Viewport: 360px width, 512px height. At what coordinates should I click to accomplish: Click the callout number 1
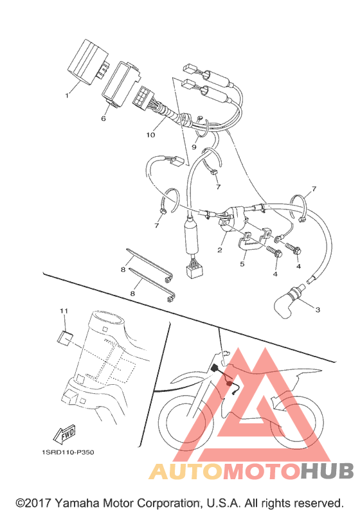click(x=67, y=95)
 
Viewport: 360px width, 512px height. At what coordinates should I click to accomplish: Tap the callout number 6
click(x=104, y=118)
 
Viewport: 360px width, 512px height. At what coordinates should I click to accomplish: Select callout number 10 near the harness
click(x=150, y=135)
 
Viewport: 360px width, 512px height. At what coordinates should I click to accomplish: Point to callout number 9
click(x=194, y=147)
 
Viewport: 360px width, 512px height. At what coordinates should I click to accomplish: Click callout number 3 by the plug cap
click(x=318, y=310)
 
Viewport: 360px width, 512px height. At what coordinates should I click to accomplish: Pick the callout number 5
click(x=242, y=264)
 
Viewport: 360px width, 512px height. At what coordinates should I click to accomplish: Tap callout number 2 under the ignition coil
click(x=219, y=250)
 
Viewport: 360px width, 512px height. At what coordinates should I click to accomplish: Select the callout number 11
click(x=64, y=311)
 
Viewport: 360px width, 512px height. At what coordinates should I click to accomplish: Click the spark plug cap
click(x=288, y=301)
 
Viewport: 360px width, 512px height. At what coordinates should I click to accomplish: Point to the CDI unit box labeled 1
click(x=87, y=62)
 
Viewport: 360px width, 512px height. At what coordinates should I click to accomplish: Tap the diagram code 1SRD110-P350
click(x=68, y=452)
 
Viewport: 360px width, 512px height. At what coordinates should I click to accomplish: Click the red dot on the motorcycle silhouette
click(x=230, y=384)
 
